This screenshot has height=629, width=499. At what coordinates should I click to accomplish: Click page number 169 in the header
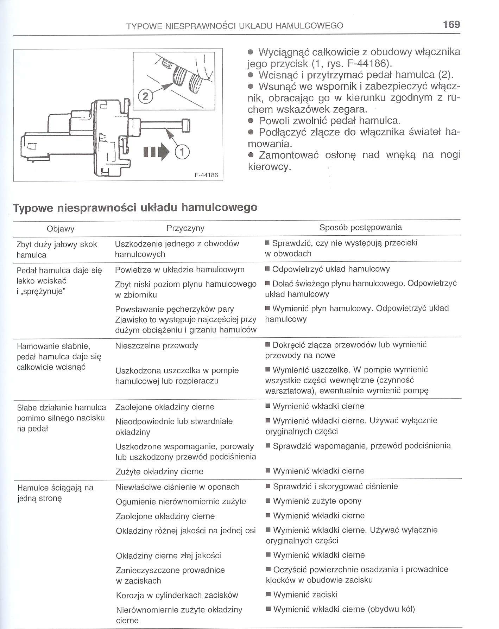[x=451, y=24]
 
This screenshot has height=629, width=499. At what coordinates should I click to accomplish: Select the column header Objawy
[x=61, y=229]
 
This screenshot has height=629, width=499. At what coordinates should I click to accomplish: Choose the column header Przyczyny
[x=185, y=228]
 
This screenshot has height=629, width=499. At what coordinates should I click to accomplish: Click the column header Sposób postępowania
[x=360, y=227]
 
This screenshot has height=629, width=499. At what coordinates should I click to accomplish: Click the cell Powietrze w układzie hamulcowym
[x=179, y=270]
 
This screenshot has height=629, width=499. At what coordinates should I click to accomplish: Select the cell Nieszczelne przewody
[x=157, y=346]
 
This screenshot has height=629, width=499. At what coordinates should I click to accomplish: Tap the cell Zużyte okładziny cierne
[x=159, y=471]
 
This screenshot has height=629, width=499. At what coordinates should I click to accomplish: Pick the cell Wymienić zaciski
[x=305, y=595]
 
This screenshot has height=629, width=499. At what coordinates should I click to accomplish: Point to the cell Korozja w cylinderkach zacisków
[x=177, y=595]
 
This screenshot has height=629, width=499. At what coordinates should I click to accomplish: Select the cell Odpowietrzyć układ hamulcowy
[x=331, y=269]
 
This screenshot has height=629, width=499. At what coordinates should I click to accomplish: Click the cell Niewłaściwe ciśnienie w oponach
[x=177, y=487]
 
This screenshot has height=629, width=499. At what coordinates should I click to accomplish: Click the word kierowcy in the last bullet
[x=269, y=166]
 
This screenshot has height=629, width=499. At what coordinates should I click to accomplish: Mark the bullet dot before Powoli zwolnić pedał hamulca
[x=251, y=121]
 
